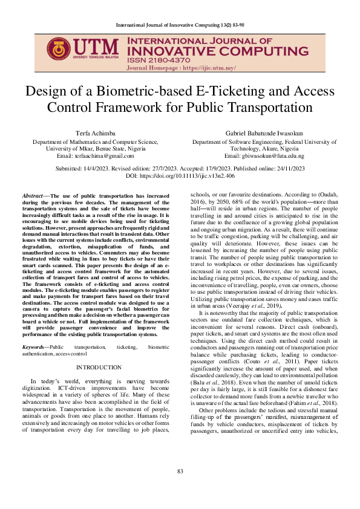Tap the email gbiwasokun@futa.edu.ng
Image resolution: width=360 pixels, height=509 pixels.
tap(270, 155)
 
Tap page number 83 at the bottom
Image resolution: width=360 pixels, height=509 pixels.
tap(180, 488)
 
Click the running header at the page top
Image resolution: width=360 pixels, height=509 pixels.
tap(180, 24)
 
